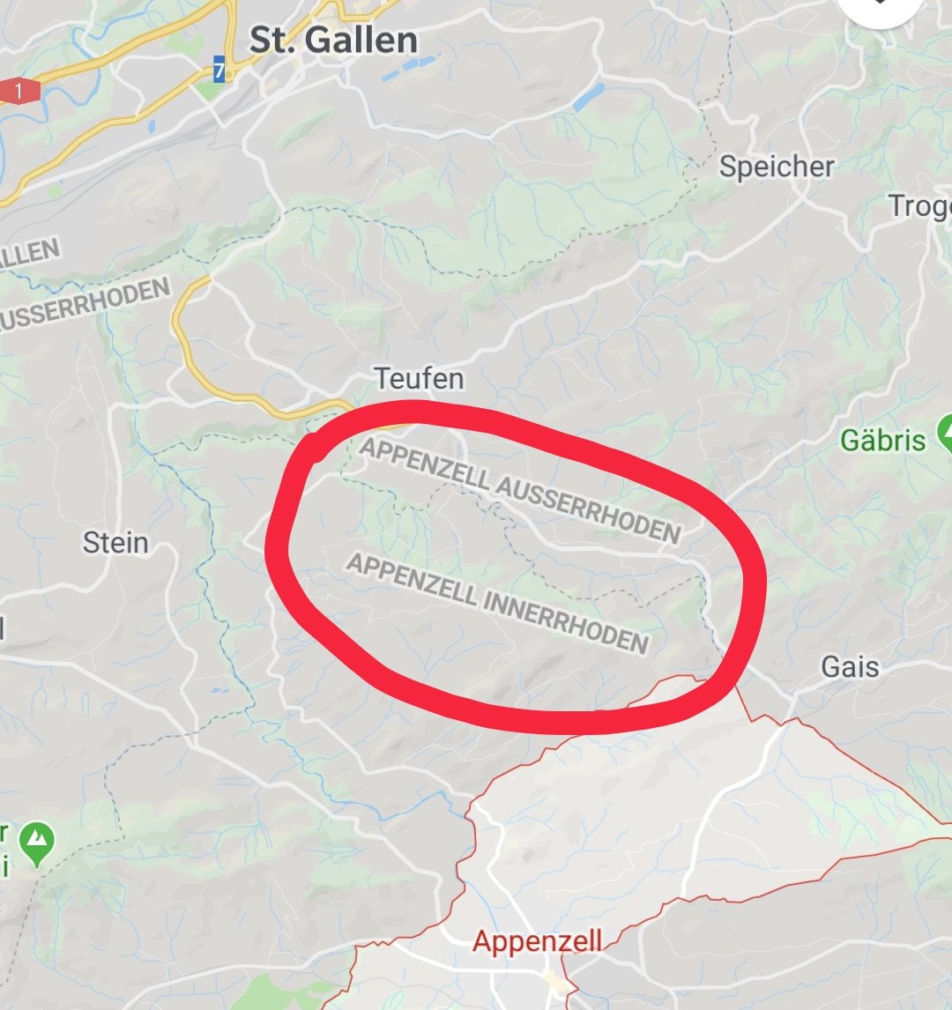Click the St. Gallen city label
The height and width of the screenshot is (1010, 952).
point(333,41)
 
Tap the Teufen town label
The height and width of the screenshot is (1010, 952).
point(419,379)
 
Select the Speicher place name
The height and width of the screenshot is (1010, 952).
point(776,167)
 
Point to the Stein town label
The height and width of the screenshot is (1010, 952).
point(115,542)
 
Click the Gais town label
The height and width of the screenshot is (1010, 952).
point(850,666)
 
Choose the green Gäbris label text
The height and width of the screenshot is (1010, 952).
point(883,440)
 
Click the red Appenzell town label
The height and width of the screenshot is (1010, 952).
point(537,940)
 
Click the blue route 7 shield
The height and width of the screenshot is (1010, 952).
point(219,69)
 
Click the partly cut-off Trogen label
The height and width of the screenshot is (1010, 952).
point(921,206)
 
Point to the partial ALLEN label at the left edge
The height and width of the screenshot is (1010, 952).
point(31,255)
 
